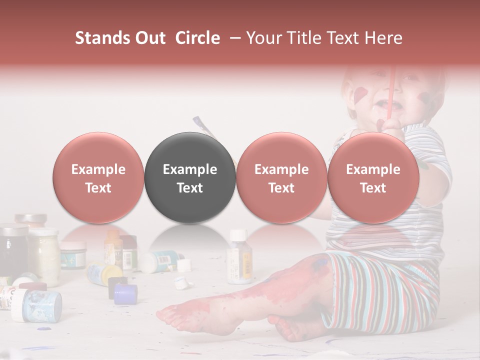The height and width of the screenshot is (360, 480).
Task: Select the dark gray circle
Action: (x=189, y=177)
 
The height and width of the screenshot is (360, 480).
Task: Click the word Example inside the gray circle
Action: (x=189, y=169)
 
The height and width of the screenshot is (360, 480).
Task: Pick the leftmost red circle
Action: (x=98, y=177)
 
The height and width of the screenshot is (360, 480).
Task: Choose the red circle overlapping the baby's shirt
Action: (x=373, y=177)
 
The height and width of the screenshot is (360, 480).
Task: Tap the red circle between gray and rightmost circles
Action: (x=281, y=177)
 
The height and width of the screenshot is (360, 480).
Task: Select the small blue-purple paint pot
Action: (x=125, y=294)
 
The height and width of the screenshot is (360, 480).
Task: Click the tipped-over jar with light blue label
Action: (x=37, y=305)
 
